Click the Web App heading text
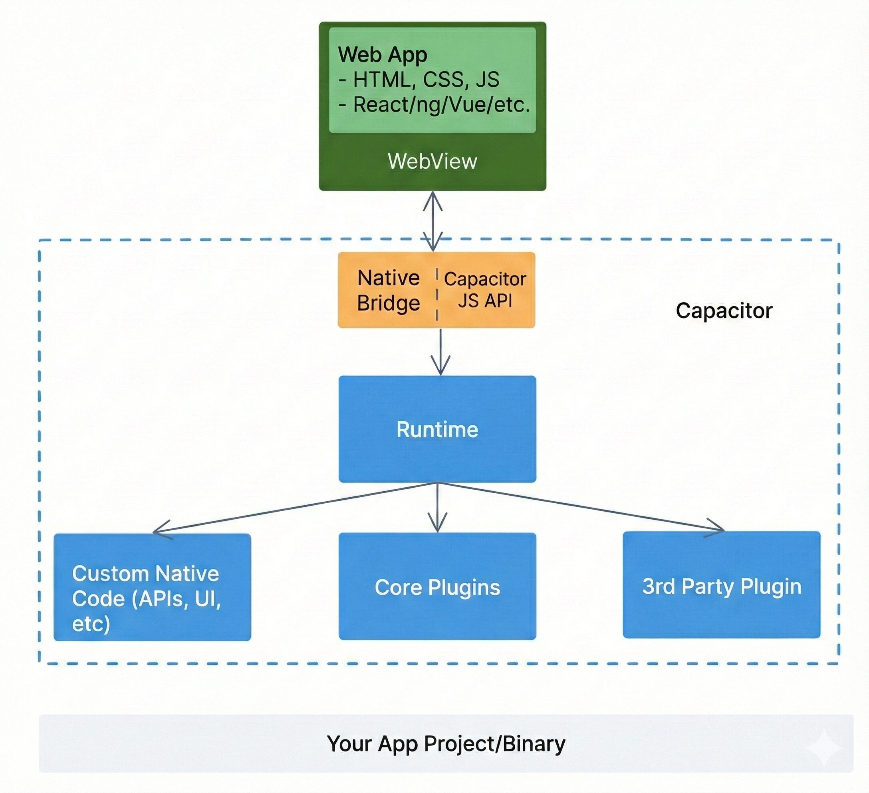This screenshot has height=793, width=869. (x=382, y=55)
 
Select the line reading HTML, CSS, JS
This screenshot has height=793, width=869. (x=419, y=80)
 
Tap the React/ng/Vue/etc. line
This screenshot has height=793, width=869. (x=434, y=105)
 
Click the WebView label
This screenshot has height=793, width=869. (x=433, y=161)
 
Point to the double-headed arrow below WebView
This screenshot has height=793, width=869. (x=433, y=221)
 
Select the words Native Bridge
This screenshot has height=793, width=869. (x=389, y=290)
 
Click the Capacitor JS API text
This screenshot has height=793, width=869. (x=485, y=290)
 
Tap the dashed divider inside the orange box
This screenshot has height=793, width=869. (x=437, y=293)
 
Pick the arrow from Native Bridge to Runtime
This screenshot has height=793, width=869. (x=440, y=352)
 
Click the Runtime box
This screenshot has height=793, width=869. (x=437, y=429)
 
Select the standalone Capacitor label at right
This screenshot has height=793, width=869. (x=724, y=311)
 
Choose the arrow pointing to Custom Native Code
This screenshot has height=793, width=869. (x=293, y=509)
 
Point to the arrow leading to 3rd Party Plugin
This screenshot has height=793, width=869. (x=582, y=507)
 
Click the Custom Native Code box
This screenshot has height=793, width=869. (x=152, y=587)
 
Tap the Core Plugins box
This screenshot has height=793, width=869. (x=437, y=586)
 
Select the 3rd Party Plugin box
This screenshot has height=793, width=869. (x=721, y=585)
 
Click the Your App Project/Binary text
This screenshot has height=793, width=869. (x=446, y=744)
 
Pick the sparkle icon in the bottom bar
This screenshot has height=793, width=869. (x=824, y=748)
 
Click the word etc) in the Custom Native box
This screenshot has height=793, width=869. (x=91, y=624)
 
